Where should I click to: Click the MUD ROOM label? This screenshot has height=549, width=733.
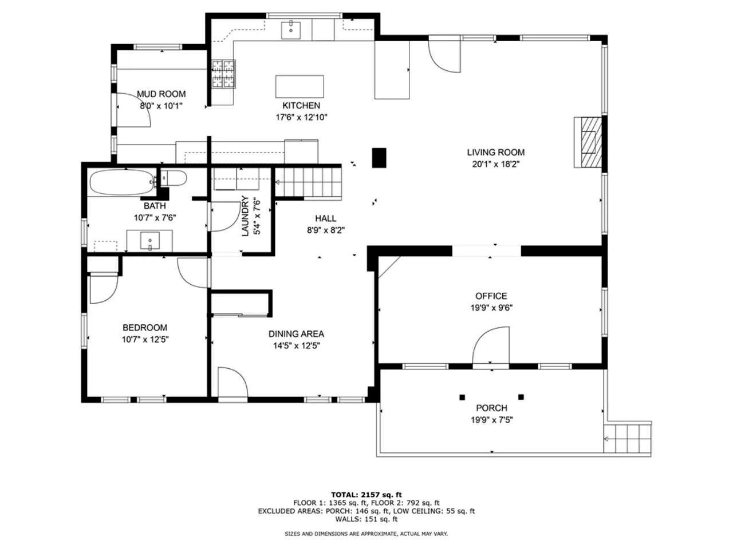point(161,94)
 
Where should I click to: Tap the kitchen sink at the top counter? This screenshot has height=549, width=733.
point(290,30)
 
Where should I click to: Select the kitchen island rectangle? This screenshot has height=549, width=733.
point(299,86)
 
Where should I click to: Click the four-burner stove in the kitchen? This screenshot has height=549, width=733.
point(223,74)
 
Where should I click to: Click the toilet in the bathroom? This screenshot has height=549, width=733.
point(174,178)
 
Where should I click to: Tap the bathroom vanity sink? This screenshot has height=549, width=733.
point(149,241)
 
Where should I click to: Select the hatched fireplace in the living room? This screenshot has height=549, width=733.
point(588,142)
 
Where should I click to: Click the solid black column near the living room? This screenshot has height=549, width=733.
point(379,158)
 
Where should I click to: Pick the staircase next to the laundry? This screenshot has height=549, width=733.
point(308,182)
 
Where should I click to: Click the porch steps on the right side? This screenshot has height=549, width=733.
point(627,439)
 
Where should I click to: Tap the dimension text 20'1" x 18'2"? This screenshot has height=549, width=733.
point(495,164)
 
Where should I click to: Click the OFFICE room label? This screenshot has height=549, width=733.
point(491,296)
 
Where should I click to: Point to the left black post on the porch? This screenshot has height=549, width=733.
point(462,397)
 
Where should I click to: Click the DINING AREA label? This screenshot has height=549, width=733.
point(296,333)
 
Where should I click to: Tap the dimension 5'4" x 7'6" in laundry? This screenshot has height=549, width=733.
point(257,217)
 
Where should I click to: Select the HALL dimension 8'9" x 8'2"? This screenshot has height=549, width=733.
point(326,230)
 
